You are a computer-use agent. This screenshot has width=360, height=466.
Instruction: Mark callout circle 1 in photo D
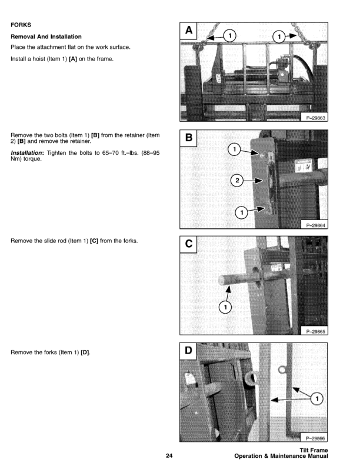(x=318, y=399)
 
